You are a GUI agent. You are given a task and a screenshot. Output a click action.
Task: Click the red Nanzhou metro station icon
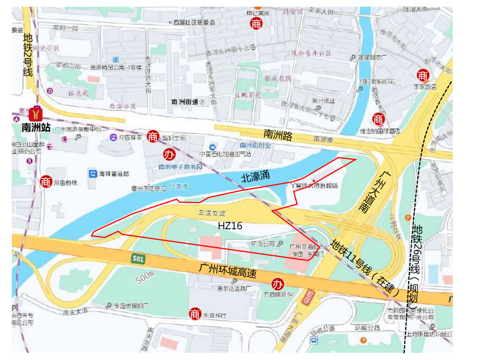pos(36,112)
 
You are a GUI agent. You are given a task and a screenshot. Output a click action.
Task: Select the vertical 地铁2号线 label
pos(28,54)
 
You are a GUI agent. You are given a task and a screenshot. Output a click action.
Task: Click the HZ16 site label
pos(230,226)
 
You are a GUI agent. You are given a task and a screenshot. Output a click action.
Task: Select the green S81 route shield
pos(137,258)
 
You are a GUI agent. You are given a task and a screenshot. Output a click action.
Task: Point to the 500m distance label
pos(145,278)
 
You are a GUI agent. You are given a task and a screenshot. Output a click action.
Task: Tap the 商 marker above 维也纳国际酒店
pos(379,119)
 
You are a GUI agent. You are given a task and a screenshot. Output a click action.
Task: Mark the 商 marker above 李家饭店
pos(423,76)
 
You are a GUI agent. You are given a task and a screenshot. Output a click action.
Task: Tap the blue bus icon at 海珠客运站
pos(93,173)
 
